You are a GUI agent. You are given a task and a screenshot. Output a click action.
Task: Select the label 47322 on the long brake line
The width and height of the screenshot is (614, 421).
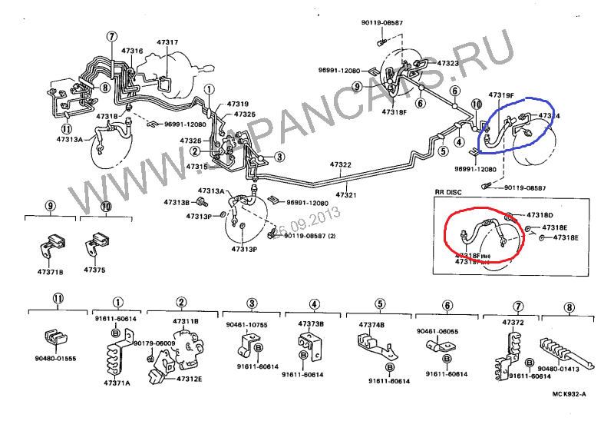(x=341, y=164)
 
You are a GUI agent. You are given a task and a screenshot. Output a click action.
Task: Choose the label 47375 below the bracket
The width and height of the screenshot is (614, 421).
(x=94, y=270)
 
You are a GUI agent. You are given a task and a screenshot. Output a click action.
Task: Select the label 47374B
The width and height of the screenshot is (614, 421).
(x=372, y=324)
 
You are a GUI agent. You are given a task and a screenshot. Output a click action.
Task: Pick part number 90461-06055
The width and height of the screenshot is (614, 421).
(x=437, y=331)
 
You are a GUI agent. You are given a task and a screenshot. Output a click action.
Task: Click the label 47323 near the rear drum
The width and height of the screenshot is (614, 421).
(x=447, y=63)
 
